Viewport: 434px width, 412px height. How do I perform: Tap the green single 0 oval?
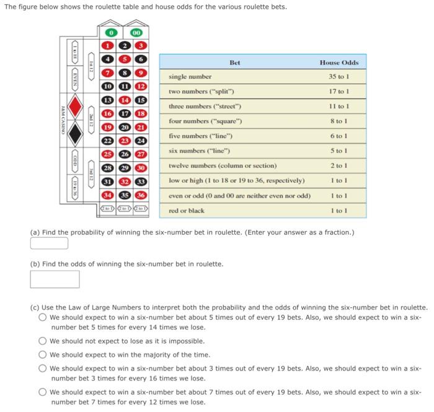click(112, 33)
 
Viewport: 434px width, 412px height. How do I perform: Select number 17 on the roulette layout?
click(125, 113)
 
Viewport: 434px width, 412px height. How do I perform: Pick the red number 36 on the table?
click(141, 195)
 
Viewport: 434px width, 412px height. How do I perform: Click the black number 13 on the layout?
click(108, 100)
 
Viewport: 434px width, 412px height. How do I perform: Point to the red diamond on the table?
click(74, 107)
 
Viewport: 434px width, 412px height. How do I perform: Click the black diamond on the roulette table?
click(74, 131)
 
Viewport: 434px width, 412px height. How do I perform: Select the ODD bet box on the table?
click(74, 160)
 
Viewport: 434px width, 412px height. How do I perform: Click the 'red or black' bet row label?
click(186, 211)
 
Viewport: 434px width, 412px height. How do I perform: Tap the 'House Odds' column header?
click(339, 62)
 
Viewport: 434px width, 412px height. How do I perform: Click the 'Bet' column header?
click(234, 62)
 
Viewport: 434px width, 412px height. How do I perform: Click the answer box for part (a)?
click(49, 243)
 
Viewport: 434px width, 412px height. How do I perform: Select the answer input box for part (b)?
click(55, 279)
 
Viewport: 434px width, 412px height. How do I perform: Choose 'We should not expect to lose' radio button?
click(42, 341)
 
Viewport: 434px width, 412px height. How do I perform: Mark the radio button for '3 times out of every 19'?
click(42, 368)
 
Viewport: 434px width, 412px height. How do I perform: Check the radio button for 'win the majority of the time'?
click(42, 355)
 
